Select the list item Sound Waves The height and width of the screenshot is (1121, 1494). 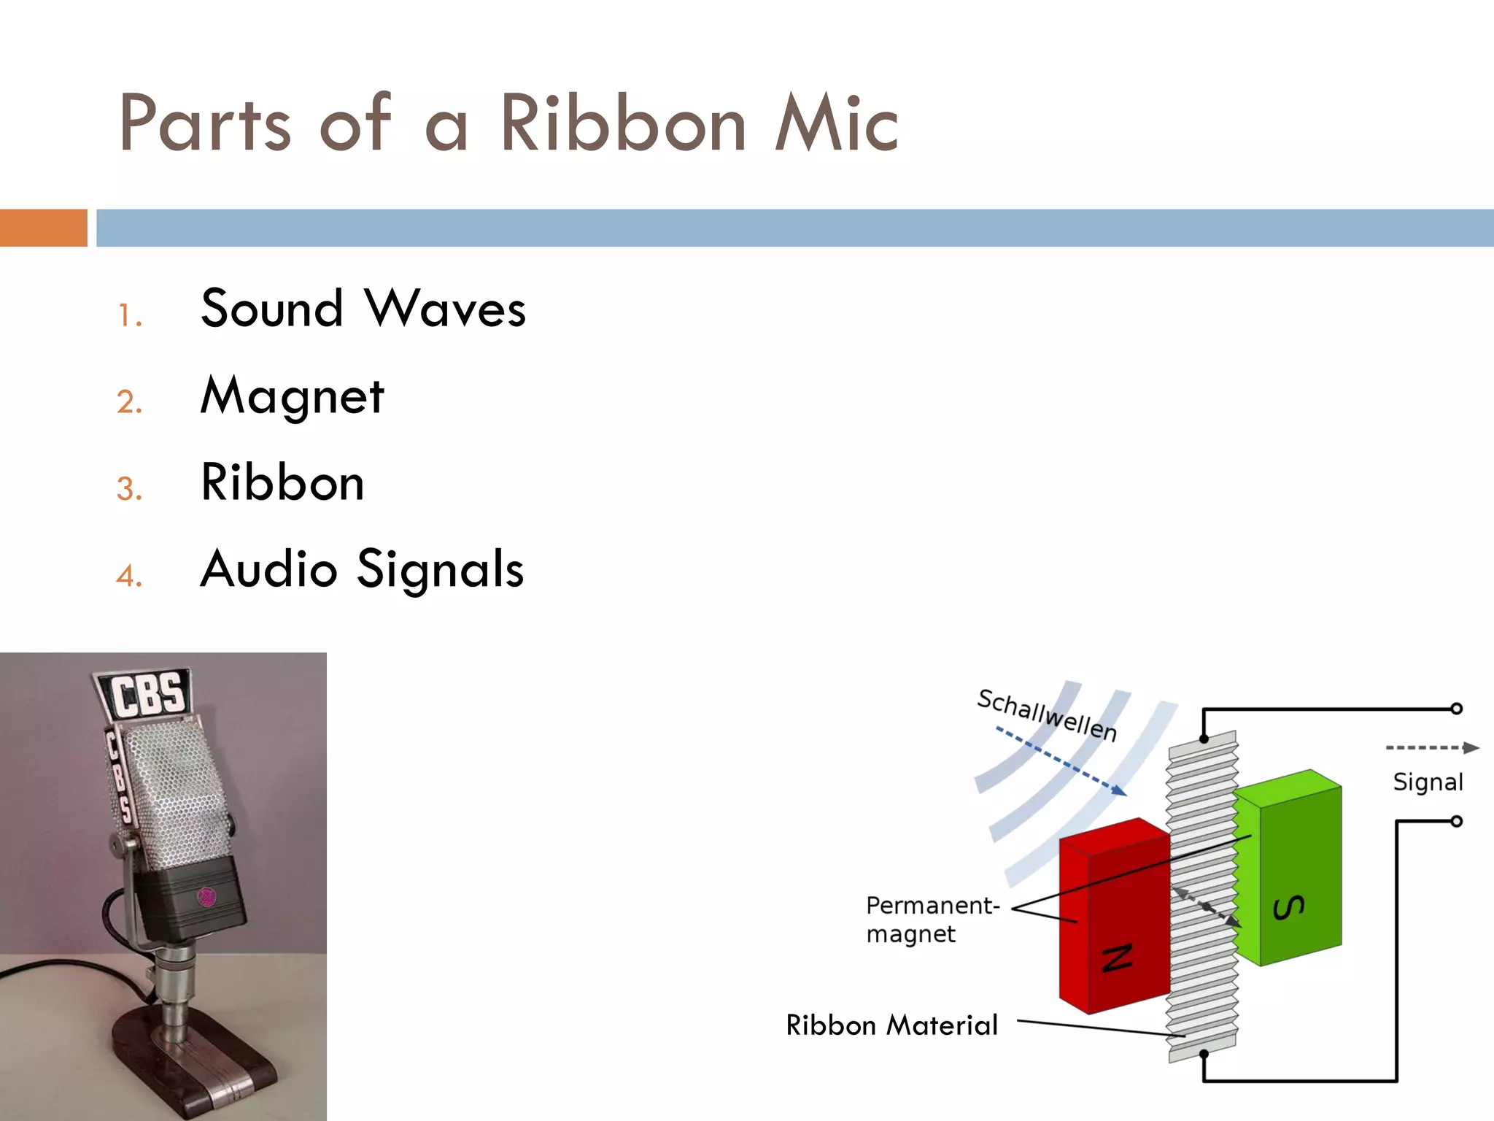coord(363,309)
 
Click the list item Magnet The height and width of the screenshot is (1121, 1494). coord(292,396)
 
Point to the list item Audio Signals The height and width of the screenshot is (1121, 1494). coord(362,569)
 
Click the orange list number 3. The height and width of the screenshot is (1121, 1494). coord(129,489)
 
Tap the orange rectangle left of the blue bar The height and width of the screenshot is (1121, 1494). coord(43,228)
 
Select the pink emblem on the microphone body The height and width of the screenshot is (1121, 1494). coord(206,897)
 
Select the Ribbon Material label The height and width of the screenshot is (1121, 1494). coord(891,1025)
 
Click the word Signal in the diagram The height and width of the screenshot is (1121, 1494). coord(1428,782)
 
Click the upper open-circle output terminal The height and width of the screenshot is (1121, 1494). coord(1456,709)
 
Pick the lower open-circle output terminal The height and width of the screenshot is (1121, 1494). coord(1456,822)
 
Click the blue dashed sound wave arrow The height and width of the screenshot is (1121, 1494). coord(1061,761)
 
